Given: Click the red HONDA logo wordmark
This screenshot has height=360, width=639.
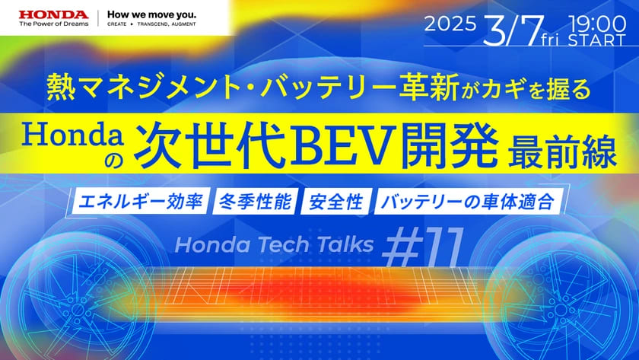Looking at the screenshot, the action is pyautogui.click(x=53, y=14).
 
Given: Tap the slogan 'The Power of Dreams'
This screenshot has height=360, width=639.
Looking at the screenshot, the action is pyautogui.click(x=53, y=24).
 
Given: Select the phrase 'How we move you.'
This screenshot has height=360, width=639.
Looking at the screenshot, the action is pyautogui.click(x=151, y=14).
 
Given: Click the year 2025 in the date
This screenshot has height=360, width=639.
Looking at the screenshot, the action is pyautogui.click(x=450, y=24).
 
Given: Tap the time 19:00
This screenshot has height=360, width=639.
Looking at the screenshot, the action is pyautogui.click(x=597, y=24).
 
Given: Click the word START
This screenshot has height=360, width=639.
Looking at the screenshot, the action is pyautogui.click(x=597, y=40).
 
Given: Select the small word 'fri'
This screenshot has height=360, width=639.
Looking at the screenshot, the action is pyautogui.click(x=550, y=40).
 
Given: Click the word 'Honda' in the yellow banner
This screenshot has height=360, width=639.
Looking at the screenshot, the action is pyautogui.click(x=73, y=135).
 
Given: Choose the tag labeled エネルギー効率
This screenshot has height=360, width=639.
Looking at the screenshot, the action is pyautogui.click(x=141, y=202).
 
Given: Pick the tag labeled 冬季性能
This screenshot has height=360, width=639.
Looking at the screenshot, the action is pyautogui.click(x=256, y=202).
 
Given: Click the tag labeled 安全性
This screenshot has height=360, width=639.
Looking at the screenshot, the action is pyautogui.click(x=336, y=202).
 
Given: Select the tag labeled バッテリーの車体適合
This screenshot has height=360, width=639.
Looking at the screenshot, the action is pyautogui.click(x=469, y=202).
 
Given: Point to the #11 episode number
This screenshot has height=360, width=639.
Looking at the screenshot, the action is pyautogui.click(x=423, y=247).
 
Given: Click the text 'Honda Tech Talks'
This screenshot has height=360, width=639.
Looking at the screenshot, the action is pyautogui.click(x=274, y=244).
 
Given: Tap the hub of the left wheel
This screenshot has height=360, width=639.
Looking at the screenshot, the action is pyautogui.click(x=78, y=307).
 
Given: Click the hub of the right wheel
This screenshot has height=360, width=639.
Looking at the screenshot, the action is pyautogui.click(x=561, y=309).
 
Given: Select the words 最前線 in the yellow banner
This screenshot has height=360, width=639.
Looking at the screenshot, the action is pyautogui.click(x=562, y=150).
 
